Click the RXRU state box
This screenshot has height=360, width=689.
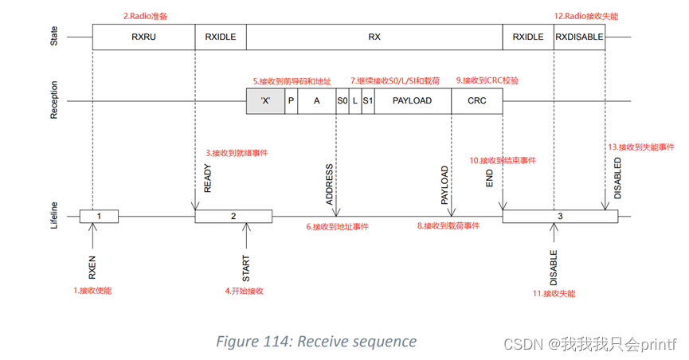point(143,37)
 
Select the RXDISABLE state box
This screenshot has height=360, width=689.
point(579,37)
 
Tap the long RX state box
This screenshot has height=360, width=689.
point(374,37)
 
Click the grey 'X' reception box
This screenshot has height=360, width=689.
point(265,101)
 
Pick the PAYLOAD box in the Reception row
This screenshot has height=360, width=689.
point(412,101)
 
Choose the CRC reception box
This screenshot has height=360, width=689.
point(476,101)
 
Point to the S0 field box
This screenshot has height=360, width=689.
point(342,101)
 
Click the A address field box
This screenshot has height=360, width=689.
point(316,101)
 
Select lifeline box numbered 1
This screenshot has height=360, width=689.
point(99,216)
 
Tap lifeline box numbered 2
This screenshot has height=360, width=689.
point(233,216)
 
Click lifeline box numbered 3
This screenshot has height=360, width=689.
point(560,216)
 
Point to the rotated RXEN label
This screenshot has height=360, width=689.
point(92,266)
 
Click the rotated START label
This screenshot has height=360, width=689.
point(246,268)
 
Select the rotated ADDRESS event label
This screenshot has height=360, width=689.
point(330,185)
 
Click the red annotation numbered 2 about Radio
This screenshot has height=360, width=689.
point(145,15)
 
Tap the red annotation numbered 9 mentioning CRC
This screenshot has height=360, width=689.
point(487,80)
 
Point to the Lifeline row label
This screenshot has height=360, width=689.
point(55,216)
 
